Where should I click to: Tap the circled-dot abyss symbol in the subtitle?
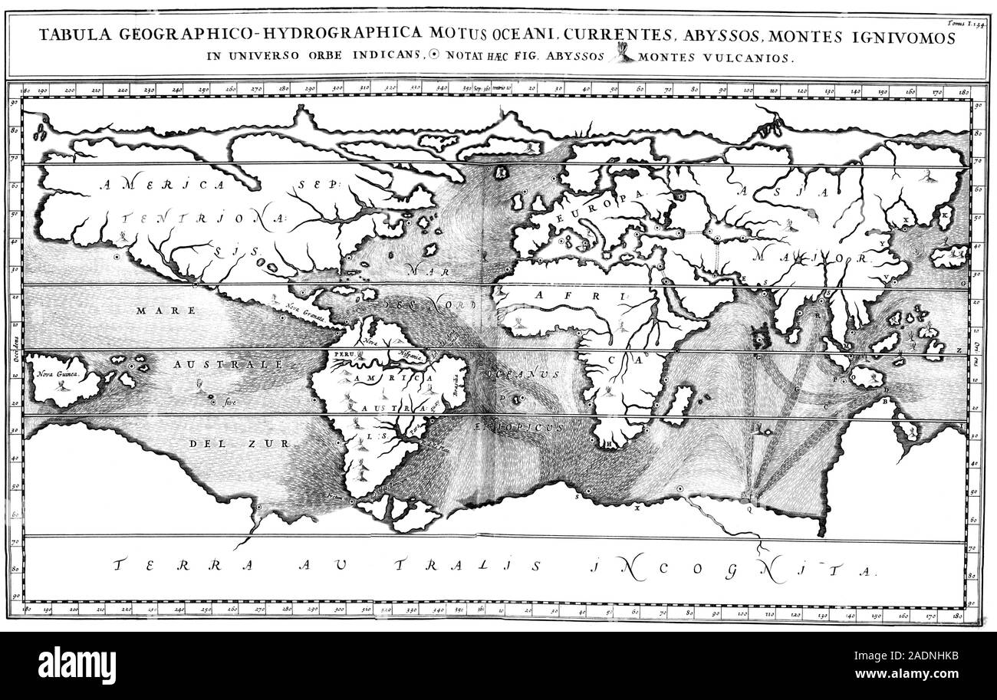435,55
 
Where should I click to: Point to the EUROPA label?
616,199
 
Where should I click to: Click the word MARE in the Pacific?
156,311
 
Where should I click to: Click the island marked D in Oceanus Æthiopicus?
518,399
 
